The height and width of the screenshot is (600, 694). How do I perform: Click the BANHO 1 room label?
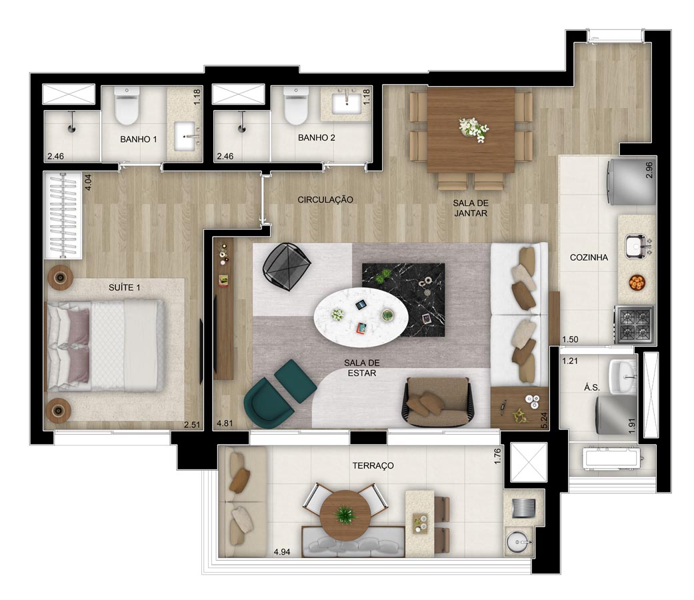tap(139, 139)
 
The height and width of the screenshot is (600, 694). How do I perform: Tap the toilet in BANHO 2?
tap(296, 106)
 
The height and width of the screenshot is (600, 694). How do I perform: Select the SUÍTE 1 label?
tap(125, 287)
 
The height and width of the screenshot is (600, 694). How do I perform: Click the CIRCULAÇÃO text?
tap(325, 200)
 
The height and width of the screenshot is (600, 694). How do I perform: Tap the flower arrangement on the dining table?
tap(473, 129)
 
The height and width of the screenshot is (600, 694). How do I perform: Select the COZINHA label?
tap(589, 257)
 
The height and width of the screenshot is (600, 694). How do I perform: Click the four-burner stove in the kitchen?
tap(634, 325)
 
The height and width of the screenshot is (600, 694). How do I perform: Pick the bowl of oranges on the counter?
tap(637, 283)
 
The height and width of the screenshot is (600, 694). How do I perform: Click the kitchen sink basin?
tap(635, 246)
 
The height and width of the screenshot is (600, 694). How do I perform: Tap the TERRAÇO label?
tap(373, 465)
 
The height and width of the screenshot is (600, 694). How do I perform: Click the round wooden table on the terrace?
tap(345, 515)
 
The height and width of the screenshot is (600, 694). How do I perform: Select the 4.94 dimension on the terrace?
tap(282, 552)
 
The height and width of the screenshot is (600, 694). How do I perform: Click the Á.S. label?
tap(592, 387)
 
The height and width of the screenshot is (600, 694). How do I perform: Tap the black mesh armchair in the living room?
tap(287, 266)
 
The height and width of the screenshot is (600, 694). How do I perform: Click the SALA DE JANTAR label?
tap(471, 208)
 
